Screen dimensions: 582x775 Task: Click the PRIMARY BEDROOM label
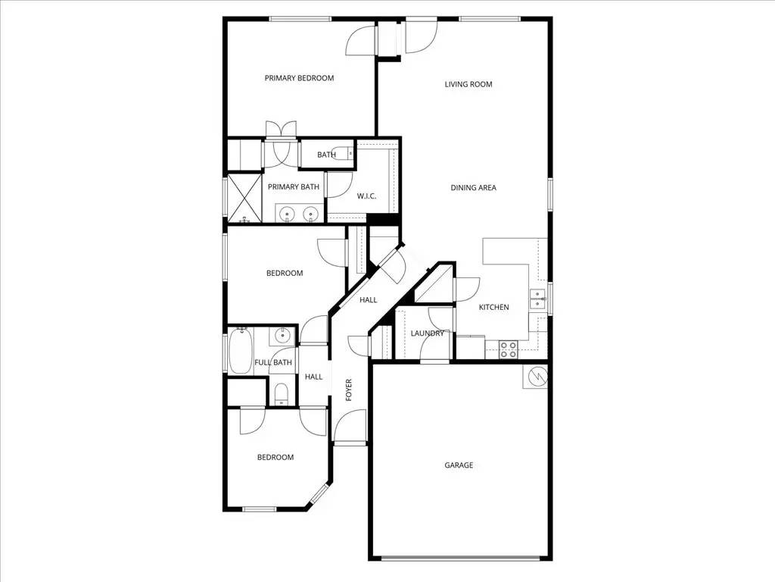click(299, 78)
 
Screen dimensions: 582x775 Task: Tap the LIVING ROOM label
click(468, 84)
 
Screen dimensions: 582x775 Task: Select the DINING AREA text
click(474, 188)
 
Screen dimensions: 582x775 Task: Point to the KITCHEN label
click(494, 307)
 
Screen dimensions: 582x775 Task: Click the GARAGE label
click(459, 465)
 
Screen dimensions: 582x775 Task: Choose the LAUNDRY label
click(428, 333)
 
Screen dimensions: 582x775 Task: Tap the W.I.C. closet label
click(367, 197)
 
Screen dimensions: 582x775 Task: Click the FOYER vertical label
click(349, 389)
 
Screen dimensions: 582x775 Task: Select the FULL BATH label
click(273, 362)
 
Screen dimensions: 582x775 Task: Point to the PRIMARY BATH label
click(294, 187)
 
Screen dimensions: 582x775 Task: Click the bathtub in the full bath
click(241, 351)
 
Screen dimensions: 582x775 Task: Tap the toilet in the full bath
click(281, 393)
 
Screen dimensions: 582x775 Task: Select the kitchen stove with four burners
click(509, 349)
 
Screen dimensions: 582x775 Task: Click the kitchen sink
click(538, 299)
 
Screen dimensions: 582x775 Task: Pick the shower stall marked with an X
click(244, 197)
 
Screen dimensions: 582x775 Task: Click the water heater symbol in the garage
click(535, 375)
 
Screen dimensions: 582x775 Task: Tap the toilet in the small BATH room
click(347, 154)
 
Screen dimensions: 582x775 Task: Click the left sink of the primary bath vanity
click(288, 214)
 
